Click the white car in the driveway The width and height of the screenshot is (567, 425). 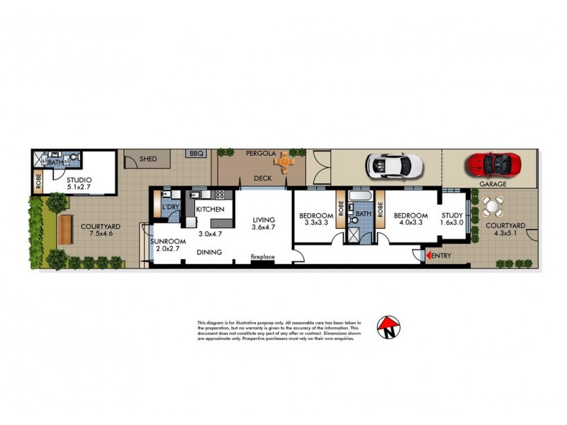point(395,166)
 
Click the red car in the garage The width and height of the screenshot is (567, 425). point(493,164)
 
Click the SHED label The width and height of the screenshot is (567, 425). point(147,159)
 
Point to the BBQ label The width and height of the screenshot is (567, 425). point(195,154)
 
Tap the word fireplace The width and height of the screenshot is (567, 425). point(263,256)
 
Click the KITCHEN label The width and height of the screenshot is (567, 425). point(210,210)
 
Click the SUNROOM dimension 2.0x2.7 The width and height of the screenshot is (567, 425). point(167,249)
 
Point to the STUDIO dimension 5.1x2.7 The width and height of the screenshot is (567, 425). point(79,188)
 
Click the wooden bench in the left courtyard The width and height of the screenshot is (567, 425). point(65,229)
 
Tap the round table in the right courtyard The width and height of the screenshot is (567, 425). point(491,207)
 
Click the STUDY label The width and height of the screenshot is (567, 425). point(452,215)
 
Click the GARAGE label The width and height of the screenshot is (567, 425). point(493,183)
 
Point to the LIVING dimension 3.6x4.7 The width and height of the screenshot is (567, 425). point(264,229)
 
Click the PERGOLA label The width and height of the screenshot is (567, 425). point(260,153)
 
